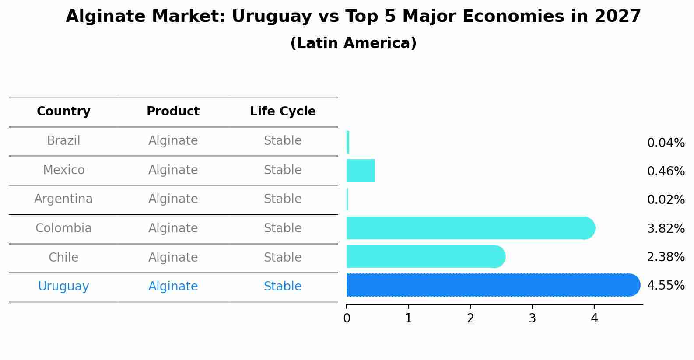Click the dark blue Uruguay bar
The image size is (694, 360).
tap(490, 285)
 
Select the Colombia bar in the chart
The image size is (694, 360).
tap(468, 228)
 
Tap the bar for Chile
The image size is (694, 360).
tap(424, 256)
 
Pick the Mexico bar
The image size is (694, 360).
tap(361, 171)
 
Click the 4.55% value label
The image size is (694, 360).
tap(666, 286)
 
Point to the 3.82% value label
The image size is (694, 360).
tap(666, 228)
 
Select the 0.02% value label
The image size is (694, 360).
tap(666, 200)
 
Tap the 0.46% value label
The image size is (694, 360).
tap(666, 171)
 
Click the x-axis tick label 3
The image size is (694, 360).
tap(532, 318)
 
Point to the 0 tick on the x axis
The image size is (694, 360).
tap(347, 318)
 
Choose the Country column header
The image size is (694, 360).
tap(63, 112)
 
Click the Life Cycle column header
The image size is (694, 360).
tap(283, 112)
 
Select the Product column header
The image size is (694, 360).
tap(173, 112)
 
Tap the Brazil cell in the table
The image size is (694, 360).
tap(63, 141)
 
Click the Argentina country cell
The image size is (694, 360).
tap(63, 199)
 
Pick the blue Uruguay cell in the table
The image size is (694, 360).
tap(63, 287)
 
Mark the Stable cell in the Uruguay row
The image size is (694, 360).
tap(283, 287)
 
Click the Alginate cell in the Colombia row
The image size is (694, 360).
tap(173, 228)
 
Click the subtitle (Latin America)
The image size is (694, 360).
tap(353, 43)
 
